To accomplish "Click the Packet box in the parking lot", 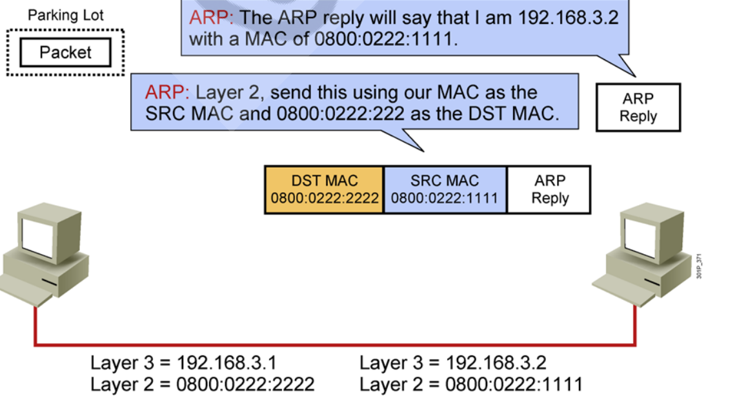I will click(65, 53).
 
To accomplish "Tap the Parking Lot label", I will click(65, 15).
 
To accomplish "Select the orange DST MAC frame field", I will click(324, 190).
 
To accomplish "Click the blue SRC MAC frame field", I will click(445, 190).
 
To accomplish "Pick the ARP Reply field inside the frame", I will click(549, 190).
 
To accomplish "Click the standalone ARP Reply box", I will click(638, 108).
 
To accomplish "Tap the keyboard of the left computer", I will click(26, 292).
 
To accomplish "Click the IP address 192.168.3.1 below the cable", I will click(227, 363).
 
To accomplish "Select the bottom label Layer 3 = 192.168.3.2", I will click(453, 363).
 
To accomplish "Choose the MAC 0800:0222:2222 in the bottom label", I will click(245, 385).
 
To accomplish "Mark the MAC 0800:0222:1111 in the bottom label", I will click(514, 385).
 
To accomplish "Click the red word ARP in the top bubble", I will click(210, 17).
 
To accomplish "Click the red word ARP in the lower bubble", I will click(167, 92).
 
